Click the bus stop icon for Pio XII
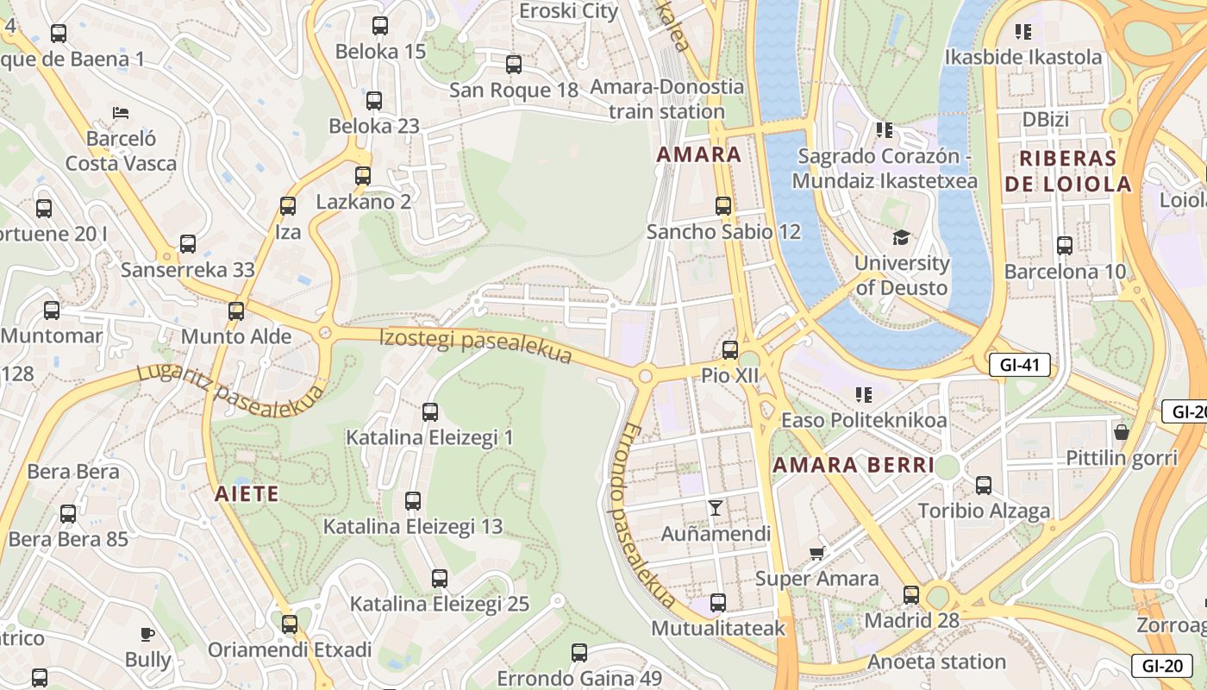(730, 349)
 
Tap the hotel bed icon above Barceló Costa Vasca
(121, 113)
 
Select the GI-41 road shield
(1019, 365)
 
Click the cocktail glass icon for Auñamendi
(715, 507)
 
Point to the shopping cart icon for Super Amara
(816, 552)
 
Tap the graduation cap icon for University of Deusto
(901, 237)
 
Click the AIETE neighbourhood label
(247, 494)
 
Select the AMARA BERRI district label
(854, 466)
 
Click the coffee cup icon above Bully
(147, 634)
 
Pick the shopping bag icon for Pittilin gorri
(1122, 431)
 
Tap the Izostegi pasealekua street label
(476, 344)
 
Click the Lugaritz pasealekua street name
(231, 393)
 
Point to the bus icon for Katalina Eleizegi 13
(413, 500)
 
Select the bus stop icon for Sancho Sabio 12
(723, 206)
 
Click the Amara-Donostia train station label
(667, 99)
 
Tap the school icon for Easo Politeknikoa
(863, 395)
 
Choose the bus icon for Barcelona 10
(1065, 245)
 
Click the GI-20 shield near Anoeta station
(1162, 666)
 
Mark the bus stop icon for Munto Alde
(236, 311)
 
